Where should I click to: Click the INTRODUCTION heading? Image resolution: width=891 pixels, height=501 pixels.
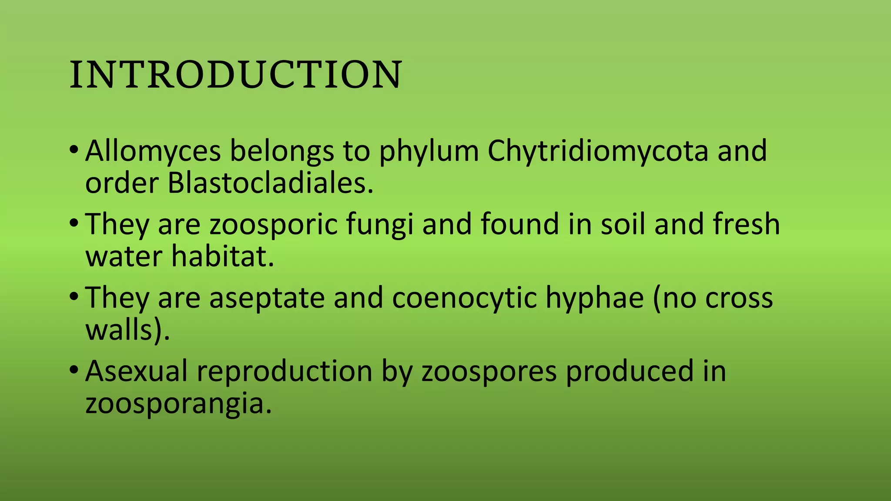click(235, 75)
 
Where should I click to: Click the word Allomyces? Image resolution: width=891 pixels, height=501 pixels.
click(153, 151)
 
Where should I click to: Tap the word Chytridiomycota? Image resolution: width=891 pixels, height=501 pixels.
click(598, 151)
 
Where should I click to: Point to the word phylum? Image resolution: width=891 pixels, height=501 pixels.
click(429, 151)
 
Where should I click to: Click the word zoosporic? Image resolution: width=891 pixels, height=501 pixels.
click(274, 224)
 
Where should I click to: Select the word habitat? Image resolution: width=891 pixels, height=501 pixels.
click(222, 257)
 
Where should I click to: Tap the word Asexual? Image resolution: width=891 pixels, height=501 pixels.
click(137, 371)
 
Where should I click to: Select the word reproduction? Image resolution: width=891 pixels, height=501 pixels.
click(285, 371)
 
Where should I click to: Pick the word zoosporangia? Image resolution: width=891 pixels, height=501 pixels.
click(178, 404)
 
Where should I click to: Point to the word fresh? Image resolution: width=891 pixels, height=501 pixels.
click(746, 224)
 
